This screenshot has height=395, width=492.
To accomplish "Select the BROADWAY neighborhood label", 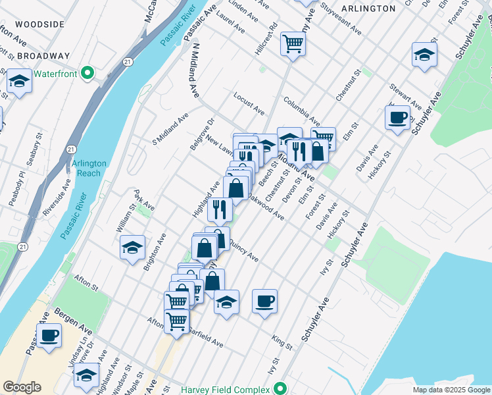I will (x=43, y=56).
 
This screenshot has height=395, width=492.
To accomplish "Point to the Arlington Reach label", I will (x=78, y=169).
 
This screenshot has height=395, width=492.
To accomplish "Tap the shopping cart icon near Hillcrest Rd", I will (x=293, y=44).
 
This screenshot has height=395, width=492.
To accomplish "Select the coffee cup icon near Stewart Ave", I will (x=398, y=118).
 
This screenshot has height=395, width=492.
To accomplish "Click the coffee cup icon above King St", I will (x=264, y=302).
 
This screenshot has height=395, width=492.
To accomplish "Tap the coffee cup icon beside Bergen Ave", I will (x=49, y=335).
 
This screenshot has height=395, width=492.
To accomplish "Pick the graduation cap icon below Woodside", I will (x=19, y=82).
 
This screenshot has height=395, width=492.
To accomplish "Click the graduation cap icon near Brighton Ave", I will (x=133, y=248).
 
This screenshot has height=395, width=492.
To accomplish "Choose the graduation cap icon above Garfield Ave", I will (x=226, y=302).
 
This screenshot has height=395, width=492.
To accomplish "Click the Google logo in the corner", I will (x=22, y=387).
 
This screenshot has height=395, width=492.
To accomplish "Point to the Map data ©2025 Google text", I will (x=451, y=390).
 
